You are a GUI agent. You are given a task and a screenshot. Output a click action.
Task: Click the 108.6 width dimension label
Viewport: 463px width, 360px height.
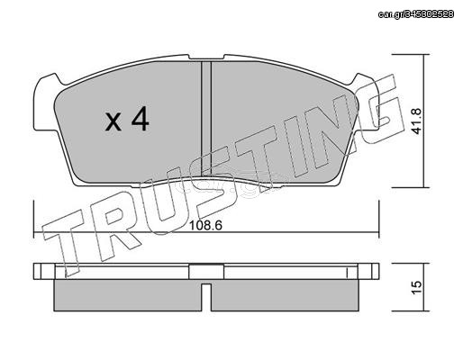pos(205,225)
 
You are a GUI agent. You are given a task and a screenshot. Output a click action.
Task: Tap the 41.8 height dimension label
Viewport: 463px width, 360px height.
pos(417,121)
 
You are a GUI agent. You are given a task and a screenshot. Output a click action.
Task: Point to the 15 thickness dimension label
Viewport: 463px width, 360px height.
pos(417,288)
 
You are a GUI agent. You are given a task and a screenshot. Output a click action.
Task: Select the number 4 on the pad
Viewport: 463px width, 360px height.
pos(141,119)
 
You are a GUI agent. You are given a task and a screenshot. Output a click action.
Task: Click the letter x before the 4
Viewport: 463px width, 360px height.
pos(113,123)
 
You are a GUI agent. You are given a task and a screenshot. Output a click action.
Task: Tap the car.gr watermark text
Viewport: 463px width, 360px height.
pos(416,13)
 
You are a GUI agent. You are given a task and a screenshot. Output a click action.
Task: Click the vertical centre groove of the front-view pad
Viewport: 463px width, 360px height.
pos(205,119)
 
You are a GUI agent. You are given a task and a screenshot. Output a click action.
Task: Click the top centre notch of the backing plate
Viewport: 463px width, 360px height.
pos(206,57)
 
